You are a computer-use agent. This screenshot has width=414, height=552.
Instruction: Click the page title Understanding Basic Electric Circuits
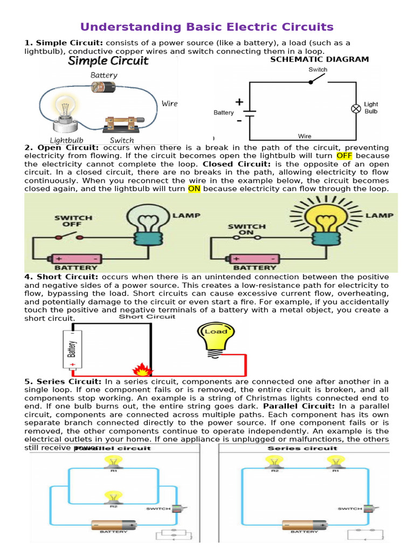207,27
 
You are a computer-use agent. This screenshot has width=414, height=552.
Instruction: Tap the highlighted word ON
194,189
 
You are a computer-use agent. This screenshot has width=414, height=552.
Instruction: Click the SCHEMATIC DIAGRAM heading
319,59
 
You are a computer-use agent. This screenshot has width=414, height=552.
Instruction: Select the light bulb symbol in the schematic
356,108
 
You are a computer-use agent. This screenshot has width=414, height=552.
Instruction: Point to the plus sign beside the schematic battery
239,102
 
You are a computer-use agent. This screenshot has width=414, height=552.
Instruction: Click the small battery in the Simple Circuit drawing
103,86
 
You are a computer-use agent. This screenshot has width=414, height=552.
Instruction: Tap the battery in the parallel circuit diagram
114,525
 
